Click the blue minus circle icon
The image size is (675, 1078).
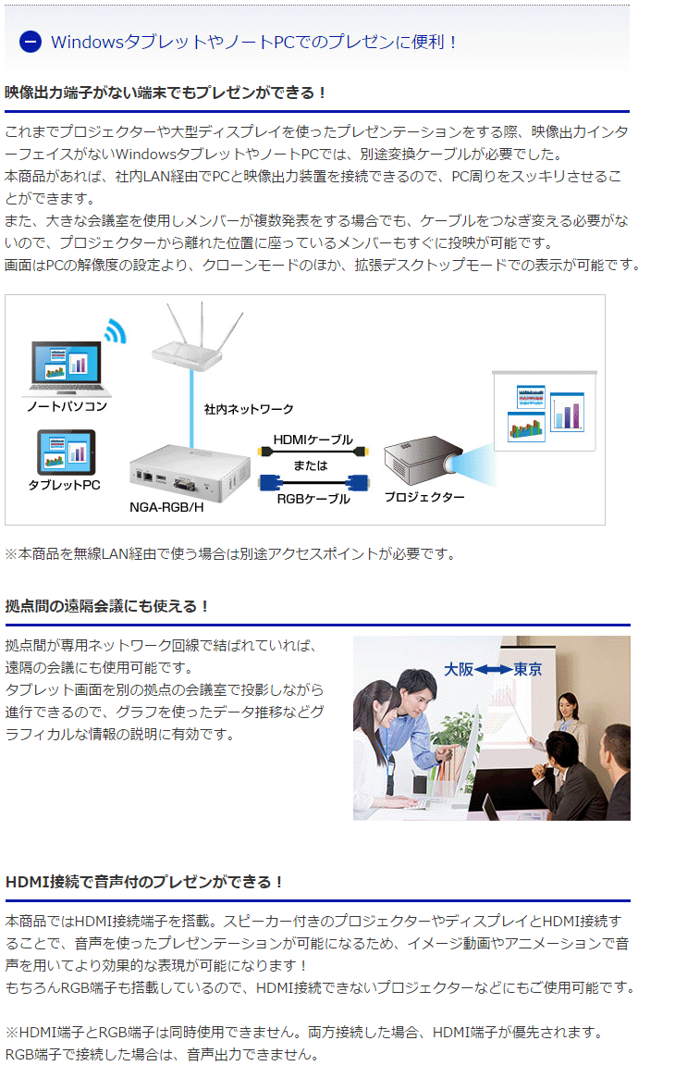31,42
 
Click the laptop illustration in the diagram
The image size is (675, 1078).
66,369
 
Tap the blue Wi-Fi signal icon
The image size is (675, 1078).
117,330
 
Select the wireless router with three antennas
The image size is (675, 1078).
197,338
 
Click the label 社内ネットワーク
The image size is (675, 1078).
249,409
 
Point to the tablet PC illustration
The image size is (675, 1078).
67,452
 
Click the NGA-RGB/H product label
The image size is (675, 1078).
166,507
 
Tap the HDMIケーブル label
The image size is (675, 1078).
313,440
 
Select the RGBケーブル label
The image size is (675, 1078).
313,499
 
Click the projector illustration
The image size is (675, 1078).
423,460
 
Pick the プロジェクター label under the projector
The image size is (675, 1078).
424,496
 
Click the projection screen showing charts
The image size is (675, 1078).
545,411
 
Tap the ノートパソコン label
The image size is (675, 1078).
67,406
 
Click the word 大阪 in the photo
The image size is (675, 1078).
458,669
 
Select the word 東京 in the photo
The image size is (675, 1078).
527,669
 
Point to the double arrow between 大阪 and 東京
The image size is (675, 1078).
493,669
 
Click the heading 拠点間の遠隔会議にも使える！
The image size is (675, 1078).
106,606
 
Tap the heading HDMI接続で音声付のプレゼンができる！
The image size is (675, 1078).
144,882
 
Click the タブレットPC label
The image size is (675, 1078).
65,485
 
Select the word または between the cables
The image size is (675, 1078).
311,465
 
